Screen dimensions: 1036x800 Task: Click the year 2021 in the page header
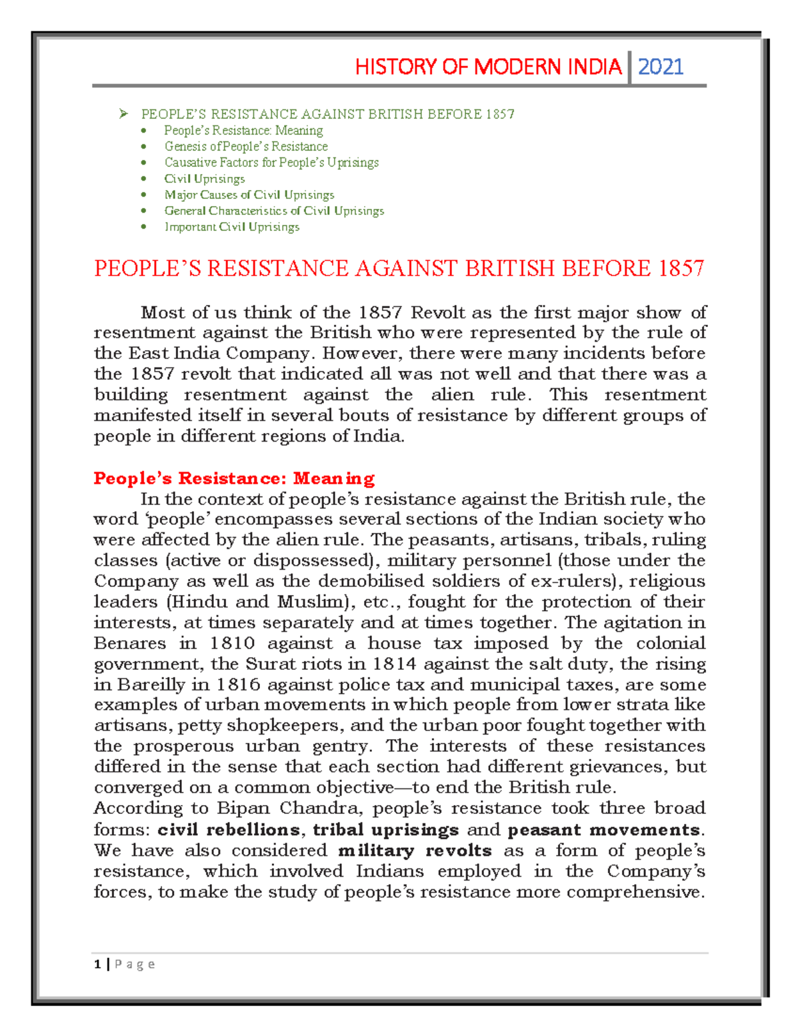click(661, 67)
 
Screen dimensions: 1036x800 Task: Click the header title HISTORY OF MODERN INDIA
click(488, 67)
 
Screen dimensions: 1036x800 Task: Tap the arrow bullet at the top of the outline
click(123, 114)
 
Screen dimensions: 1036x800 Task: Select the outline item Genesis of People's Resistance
click(246, 146)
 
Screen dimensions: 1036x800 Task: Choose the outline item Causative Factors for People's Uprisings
click(271, 162)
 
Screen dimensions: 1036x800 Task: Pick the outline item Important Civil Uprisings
click(231, 227)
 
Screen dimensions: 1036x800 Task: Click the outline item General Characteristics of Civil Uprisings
click(274, 211)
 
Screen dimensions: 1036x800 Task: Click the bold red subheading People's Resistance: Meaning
click(234, 478)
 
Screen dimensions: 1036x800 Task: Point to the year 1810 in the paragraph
click(232, 643)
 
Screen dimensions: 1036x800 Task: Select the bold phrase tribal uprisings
click(385, 830)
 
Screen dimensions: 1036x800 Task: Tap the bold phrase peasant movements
click(603, 830)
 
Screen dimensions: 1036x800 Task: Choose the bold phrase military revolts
click(415, 851)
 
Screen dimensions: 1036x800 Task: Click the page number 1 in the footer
click(98, 964)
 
